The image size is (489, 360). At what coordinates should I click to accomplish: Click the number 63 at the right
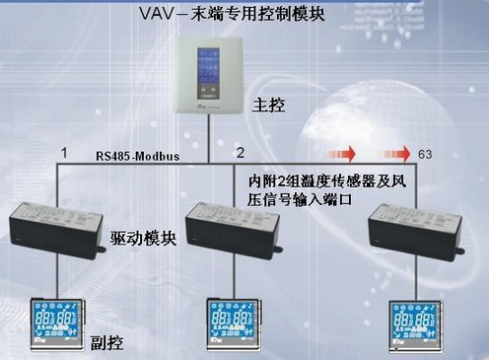(426, 155)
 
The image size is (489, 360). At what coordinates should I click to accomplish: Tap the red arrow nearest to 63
(396, 154)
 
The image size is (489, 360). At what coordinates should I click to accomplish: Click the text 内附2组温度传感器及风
(326, 182)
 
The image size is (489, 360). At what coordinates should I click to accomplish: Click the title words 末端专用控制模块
(265, 14)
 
